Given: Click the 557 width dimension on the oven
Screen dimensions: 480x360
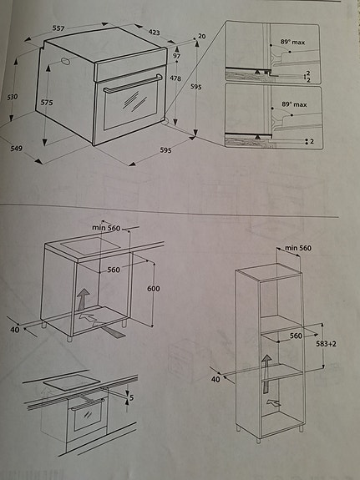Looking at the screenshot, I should tap(58, 28).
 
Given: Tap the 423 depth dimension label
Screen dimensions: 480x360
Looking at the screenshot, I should tap(155, 33).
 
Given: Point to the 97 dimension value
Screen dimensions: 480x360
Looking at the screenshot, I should tap(176, 56).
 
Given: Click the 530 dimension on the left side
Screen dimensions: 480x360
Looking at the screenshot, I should tap(12, 97).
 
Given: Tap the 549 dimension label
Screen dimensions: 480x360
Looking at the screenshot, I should tap(16, 149).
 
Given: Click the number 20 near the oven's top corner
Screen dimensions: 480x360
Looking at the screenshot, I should tap(200, 37).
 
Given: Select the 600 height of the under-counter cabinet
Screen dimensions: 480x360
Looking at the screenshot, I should tap(153, 289).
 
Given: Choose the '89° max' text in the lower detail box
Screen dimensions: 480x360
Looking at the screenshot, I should tap(293, 104).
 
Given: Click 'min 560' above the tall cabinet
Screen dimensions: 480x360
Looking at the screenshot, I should tap(297, 248).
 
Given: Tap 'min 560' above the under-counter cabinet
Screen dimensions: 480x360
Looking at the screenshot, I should tap(107, 226).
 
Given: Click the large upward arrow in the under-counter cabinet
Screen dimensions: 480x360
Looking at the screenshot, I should tap(83, 299).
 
